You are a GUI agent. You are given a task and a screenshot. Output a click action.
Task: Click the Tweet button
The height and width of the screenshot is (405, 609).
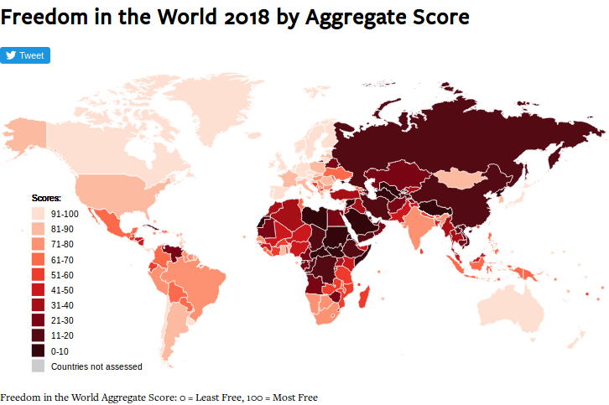25,55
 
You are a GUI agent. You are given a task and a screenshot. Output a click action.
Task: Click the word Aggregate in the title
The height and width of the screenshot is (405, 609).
356,17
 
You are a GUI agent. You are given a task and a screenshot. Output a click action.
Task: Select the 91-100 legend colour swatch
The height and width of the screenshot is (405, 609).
39,215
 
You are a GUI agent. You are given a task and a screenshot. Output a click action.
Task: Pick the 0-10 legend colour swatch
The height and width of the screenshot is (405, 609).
39,350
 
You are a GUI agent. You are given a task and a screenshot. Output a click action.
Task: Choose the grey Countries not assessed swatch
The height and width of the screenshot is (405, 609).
39,366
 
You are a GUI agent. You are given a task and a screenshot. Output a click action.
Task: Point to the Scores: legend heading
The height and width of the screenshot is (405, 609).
46,199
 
